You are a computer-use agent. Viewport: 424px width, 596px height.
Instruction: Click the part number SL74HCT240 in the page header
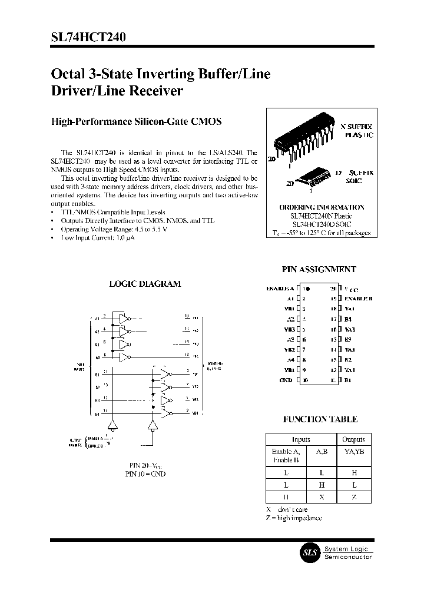88,37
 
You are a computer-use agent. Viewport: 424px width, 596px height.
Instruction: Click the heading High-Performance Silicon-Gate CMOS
136,122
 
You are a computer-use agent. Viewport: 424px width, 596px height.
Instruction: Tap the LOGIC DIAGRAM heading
145,283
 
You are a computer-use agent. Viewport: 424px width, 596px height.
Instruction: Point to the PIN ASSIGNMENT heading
319,269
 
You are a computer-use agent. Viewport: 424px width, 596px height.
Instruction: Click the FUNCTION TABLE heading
320,419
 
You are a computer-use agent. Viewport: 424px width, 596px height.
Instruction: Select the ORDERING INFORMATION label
322,207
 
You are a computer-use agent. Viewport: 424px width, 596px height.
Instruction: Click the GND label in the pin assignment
286,380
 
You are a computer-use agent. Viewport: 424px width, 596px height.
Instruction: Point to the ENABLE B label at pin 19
358,299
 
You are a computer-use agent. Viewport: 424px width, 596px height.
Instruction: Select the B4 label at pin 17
347,319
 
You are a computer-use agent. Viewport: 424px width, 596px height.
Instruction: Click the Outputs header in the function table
353,439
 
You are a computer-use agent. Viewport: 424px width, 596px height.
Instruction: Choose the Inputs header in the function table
301,439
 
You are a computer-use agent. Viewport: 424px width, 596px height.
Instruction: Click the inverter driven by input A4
124,356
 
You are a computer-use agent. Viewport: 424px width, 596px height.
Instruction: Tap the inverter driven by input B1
166,374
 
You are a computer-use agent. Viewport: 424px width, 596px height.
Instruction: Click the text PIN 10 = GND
145,474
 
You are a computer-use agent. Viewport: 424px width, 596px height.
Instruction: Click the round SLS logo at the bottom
310,552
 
